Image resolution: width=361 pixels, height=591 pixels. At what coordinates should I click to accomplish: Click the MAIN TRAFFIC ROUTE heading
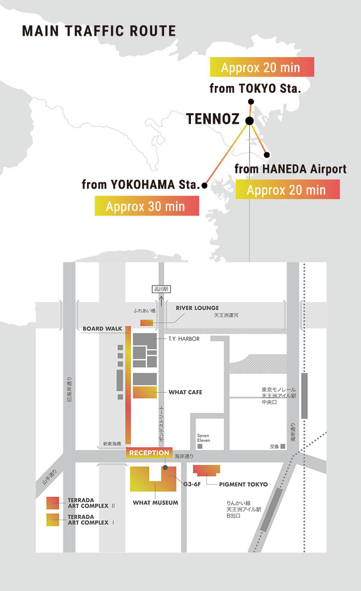[x=99, y=31]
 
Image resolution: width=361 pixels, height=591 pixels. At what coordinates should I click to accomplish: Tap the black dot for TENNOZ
[x=250, y=120]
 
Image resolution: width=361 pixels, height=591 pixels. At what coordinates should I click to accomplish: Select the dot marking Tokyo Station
[x=251, y=101]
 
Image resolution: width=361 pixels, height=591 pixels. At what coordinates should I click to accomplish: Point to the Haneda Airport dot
[x=267, y=154]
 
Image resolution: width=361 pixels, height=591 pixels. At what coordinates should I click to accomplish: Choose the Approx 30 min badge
[x=147, y=206]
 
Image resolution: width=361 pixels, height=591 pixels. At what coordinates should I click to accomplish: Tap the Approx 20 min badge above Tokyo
[x=262, y=67]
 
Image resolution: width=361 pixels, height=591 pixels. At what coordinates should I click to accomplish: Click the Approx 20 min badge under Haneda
[x=287, y=189]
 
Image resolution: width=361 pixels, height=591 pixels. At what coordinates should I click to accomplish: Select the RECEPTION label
[x=149, y=452]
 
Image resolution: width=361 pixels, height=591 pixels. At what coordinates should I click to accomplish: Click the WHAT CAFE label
[x=185, y=392]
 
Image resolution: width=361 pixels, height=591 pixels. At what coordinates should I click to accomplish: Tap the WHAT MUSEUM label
[x=155, y=503]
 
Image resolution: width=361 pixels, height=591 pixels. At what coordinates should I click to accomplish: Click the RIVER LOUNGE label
[x=197, y=308]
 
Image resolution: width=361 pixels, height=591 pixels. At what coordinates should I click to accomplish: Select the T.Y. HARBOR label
[x=184, y=339]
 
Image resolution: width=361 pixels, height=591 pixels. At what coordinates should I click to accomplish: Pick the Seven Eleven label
[x=203, y=438]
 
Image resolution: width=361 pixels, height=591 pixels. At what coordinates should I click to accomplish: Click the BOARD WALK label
[x=102, y=329]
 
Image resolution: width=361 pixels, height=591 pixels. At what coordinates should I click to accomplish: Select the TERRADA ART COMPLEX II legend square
[x=53, y=503]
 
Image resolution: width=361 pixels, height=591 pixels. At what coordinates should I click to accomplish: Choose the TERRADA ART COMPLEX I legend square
[x=53, y=519]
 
